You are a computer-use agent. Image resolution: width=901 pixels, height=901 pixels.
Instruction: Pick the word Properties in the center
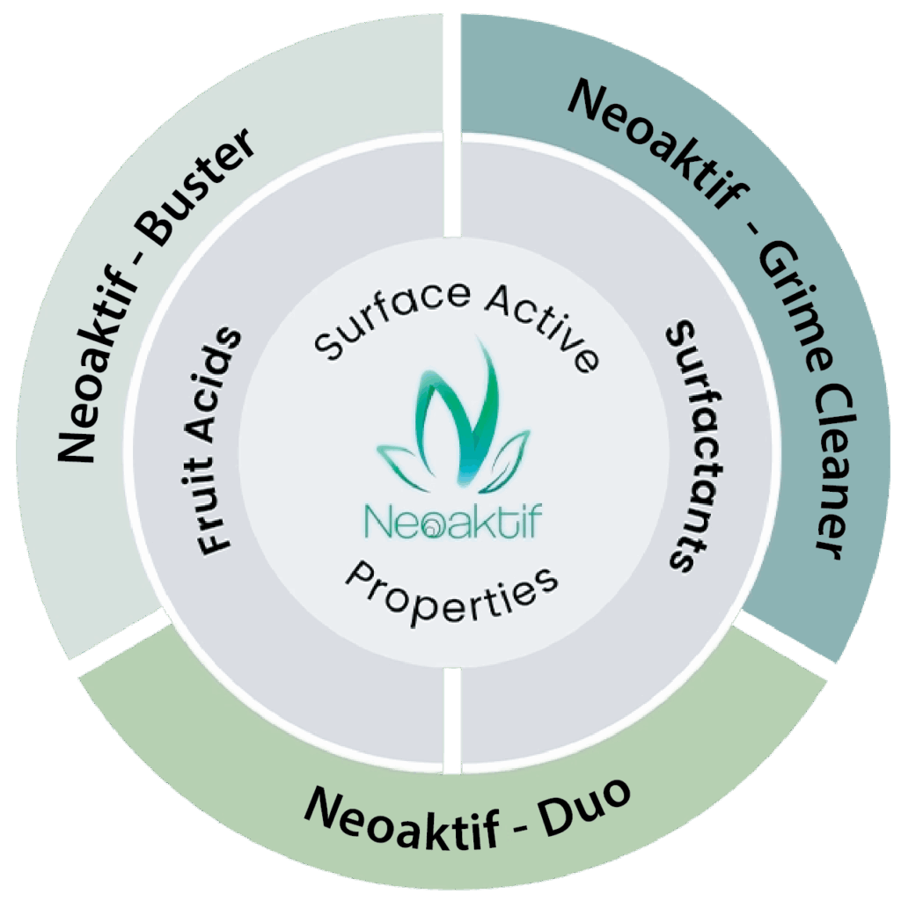pyautogui.click(x=452, y=595)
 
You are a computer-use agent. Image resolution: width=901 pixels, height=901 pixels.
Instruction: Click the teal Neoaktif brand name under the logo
pyautogui.click(x=452, y=520)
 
